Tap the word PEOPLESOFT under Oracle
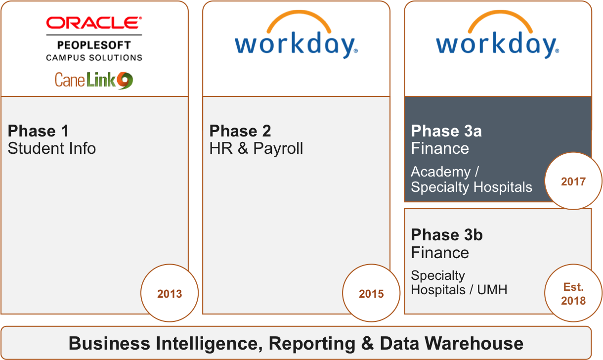pos(94,45)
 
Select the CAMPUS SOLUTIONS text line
pos(94,58)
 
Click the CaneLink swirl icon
pos(125,80)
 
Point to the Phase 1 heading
pos(38,131)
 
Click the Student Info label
pos(52,148)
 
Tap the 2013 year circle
pos(170,293)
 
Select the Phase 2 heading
pos(240,131)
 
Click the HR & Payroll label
pos(256,148)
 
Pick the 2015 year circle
pos(371,293)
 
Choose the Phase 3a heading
pos(446,131)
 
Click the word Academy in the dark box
pos(441,172)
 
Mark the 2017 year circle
pos(573,181)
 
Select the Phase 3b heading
pos(447,235)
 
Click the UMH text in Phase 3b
pos(492,290)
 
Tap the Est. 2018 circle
pos(573,293)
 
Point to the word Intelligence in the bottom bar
pos(209,344)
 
